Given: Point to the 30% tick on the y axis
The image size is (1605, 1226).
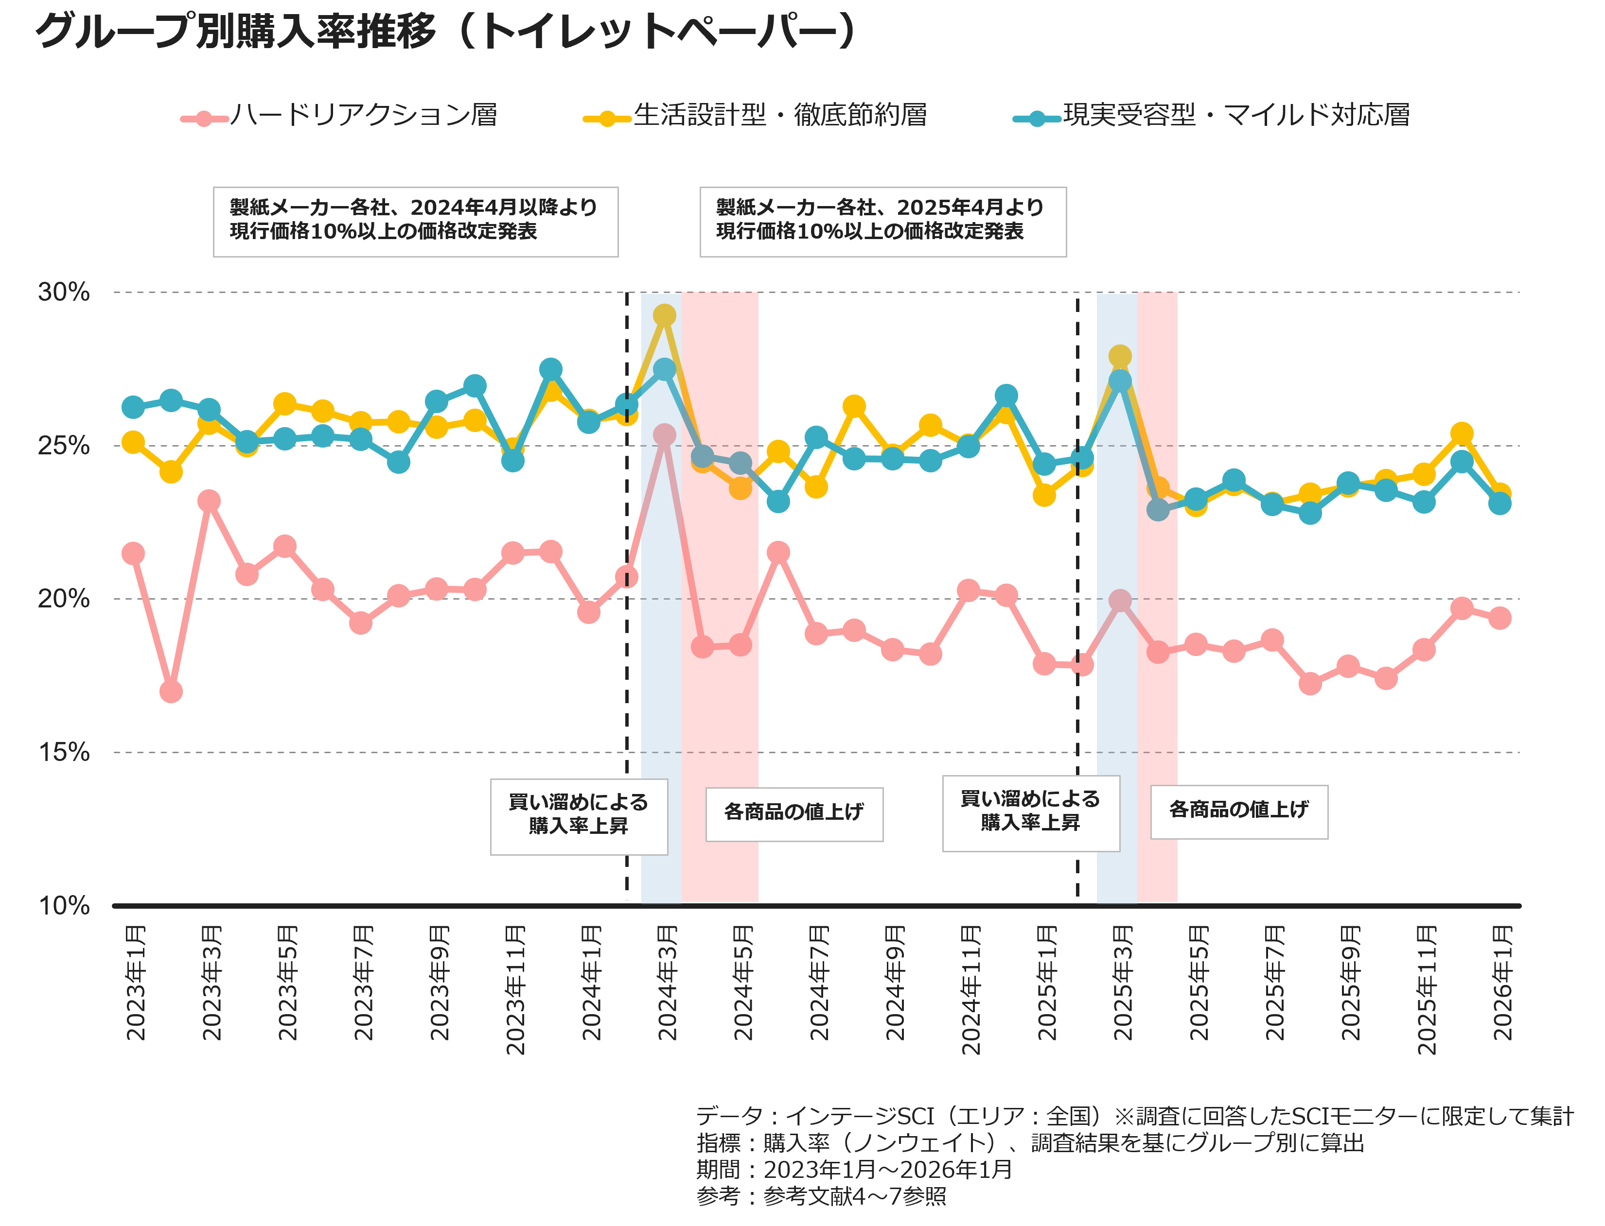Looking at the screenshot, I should click(x=64, y=292).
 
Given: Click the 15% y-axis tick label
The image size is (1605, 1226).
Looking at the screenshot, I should click(x=64, y=752).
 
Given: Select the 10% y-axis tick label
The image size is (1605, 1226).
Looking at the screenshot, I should click(x=64, y=906).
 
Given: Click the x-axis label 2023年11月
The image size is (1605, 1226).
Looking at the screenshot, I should click(x=515, y=989).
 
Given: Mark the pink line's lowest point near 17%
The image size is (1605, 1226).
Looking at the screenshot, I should click(x=171, y=691).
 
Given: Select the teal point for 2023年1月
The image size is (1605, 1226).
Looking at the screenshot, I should click(x=133, y=407).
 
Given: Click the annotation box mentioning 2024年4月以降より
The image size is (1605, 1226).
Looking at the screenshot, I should click(x=416, y=222).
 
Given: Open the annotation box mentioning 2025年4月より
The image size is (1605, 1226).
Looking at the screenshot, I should click(x=883, y=222).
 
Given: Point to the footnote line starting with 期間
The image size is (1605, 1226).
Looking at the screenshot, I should click(x=854, y=1169).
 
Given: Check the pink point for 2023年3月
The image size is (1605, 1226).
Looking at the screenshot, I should click(x=209, y=501).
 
